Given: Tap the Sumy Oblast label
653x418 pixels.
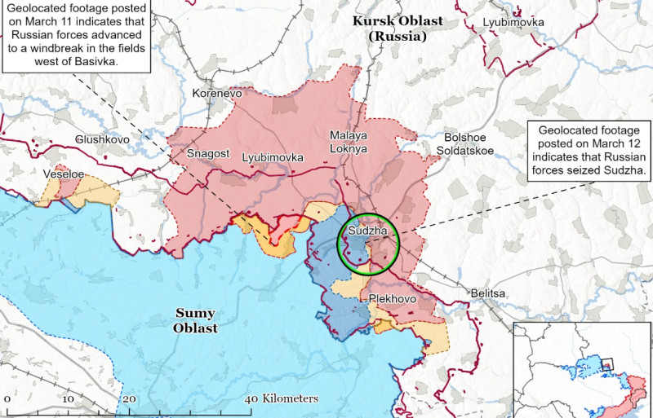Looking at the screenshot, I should [196, 320].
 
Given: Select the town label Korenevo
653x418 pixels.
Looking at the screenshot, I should [216, 94].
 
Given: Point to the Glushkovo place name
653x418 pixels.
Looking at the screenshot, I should [102, 139].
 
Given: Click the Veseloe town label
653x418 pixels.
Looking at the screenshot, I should [64, 174].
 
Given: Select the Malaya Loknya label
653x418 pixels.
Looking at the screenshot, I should [349, 142].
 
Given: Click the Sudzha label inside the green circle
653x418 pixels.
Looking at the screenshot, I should [363, 231].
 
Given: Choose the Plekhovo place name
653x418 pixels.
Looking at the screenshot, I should [393, 299].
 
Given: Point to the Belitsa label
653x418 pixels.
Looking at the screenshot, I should [488, 293].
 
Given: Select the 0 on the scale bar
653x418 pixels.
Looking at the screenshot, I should [7, 398].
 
